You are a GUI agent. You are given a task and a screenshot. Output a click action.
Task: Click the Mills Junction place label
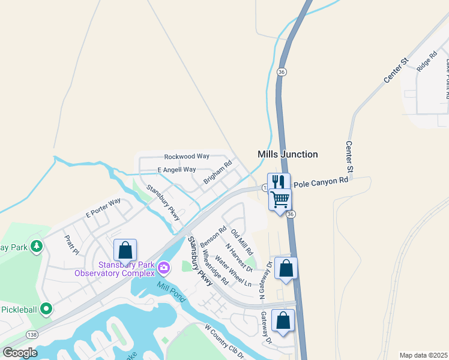288,154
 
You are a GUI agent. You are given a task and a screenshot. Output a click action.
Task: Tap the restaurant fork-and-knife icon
279,182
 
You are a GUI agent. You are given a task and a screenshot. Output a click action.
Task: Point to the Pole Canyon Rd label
321,181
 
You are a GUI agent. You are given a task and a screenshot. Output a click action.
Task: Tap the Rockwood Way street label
187,156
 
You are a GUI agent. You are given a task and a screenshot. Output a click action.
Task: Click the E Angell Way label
176,170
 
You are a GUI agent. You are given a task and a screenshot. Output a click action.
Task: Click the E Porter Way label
103,207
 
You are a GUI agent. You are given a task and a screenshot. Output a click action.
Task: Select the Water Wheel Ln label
233,271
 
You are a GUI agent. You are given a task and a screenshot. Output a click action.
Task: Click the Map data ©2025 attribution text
423,355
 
